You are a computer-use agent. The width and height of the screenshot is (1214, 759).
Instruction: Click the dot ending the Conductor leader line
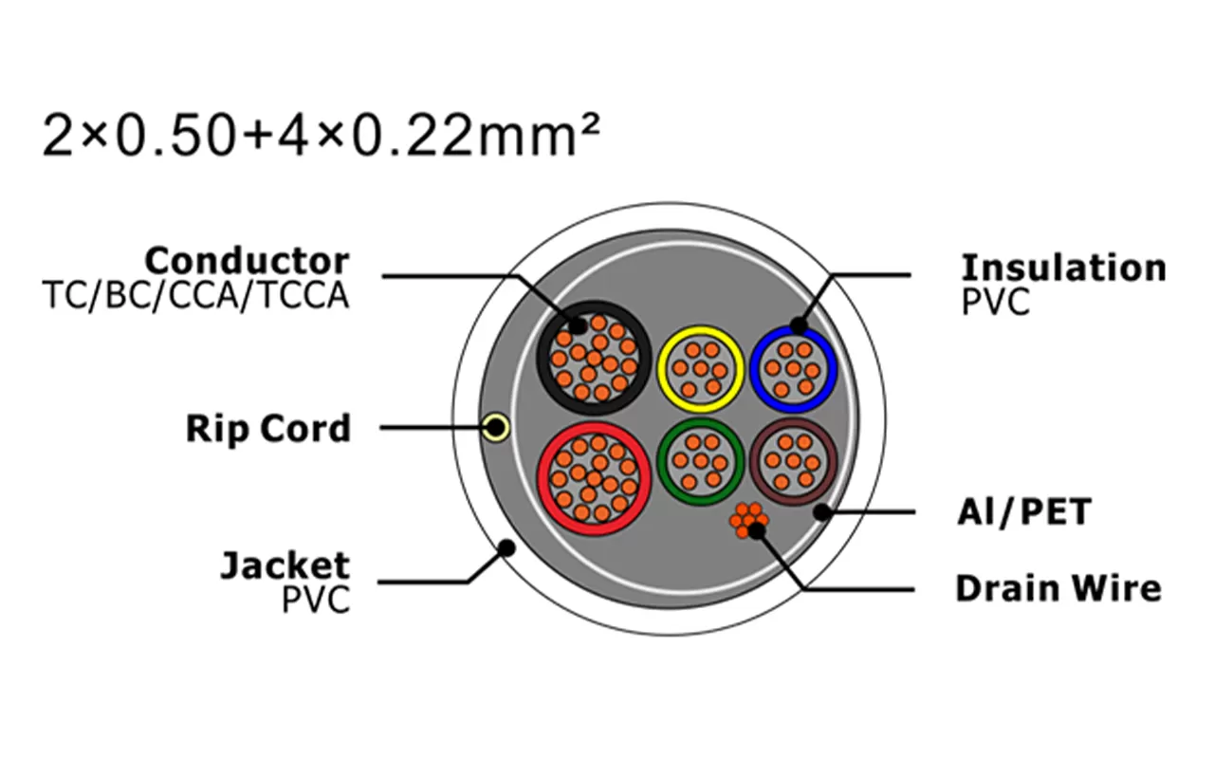578,325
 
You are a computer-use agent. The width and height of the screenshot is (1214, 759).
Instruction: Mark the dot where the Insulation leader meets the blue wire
799,325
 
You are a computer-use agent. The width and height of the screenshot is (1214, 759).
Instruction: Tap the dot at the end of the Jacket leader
506,548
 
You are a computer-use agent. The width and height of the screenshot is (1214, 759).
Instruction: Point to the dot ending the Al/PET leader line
822,511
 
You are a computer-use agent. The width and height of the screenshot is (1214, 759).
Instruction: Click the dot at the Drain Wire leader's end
756,531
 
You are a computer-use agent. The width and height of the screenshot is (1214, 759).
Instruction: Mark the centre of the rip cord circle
495,427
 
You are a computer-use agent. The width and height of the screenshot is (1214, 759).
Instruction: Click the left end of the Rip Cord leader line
380,427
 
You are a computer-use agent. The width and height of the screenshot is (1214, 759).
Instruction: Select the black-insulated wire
594,358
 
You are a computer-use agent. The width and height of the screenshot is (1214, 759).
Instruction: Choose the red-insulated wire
594,479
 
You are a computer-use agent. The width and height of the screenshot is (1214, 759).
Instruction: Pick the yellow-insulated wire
701,369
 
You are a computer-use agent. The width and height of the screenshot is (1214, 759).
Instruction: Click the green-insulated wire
701,462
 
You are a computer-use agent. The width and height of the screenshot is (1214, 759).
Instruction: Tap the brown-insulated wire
794,461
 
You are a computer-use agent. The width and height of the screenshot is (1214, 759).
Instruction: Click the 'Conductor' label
248,261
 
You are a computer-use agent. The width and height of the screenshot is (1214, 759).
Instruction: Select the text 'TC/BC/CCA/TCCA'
195,296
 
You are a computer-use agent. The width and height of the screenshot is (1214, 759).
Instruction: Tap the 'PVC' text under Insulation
996,302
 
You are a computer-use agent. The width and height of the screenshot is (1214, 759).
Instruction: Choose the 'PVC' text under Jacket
316,600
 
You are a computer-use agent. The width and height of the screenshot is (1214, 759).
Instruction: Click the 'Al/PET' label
1024,511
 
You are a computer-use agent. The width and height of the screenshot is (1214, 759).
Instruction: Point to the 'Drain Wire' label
1058,588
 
